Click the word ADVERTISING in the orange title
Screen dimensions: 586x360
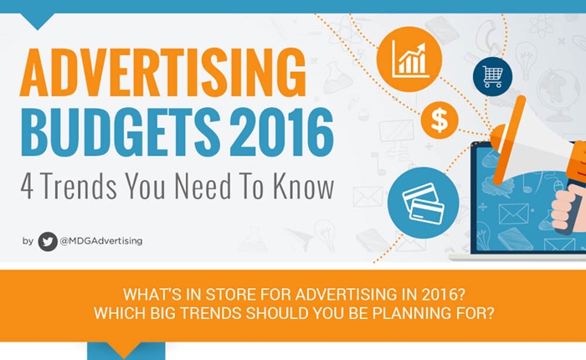163,73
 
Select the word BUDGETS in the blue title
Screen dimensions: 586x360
121,131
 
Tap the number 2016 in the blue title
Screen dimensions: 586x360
281,131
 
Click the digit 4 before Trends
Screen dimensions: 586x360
28,186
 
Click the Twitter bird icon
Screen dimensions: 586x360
48,241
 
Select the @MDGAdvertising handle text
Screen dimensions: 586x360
101,241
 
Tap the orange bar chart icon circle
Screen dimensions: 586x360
409,59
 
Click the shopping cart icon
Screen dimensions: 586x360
492,77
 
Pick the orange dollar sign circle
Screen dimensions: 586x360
439,120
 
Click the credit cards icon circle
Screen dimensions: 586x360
423,203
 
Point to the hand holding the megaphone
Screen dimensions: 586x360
568,208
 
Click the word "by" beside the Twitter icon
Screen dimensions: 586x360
28,241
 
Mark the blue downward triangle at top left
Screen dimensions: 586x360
38,21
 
